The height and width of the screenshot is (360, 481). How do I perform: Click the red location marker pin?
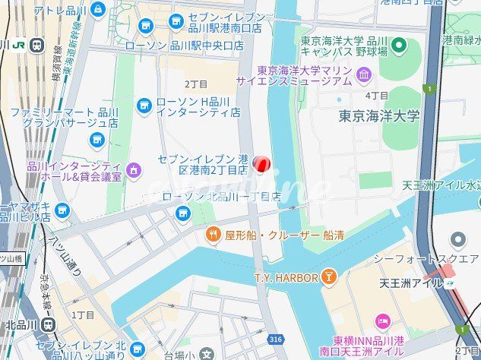click(x=261, y=164)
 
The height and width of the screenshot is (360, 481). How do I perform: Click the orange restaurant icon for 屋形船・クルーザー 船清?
click(x=214, y=235)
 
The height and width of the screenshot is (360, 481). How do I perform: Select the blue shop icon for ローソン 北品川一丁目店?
click(x=182, y=213)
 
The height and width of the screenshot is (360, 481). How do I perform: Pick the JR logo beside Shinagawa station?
click(x=17, y=44)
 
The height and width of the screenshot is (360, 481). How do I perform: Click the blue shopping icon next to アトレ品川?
click(x=97, y=10)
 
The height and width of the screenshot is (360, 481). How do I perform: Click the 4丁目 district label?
click(x=377, y=96)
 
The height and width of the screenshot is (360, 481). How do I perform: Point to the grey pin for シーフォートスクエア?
click(x=457, y=241)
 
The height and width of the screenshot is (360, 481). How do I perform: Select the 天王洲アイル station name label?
click(x=411, y=283)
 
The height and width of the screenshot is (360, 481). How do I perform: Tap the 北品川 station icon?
click(x=49, y=325)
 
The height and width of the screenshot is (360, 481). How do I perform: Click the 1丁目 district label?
click(x=83, y=314)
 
